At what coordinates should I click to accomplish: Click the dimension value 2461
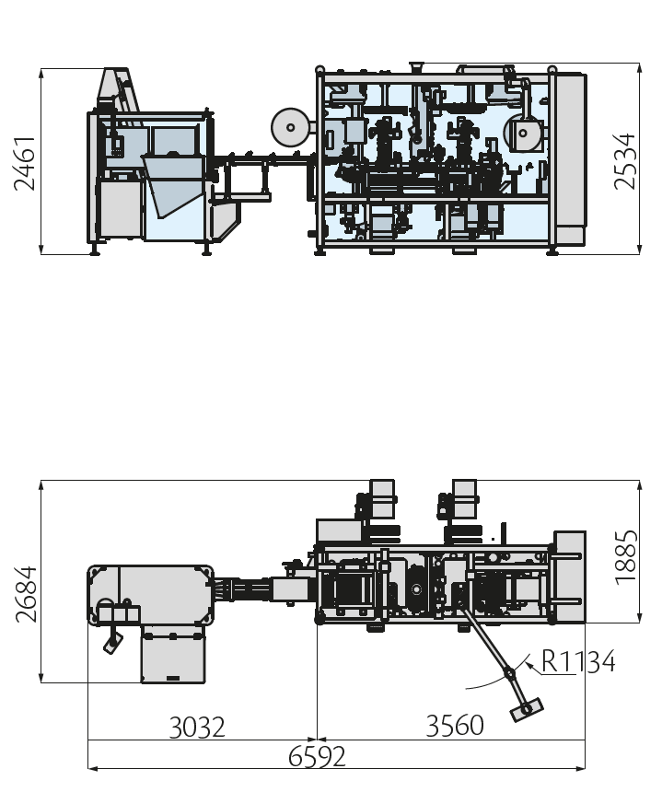pos(25,164)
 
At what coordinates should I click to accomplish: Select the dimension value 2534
pos(624,161)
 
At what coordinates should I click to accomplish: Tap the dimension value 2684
pos(26,594)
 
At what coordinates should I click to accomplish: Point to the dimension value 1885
pos(626,557)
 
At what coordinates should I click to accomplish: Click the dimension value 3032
pos(197,728)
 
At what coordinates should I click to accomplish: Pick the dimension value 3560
pos(455,726)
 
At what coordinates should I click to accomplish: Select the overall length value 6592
pos(317,757)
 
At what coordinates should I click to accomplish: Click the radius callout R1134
pos(578,661)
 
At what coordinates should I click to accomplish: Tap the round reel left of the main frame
pos(290,127)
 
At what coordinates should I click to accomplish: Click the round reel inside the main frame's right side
pos(523,134)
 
